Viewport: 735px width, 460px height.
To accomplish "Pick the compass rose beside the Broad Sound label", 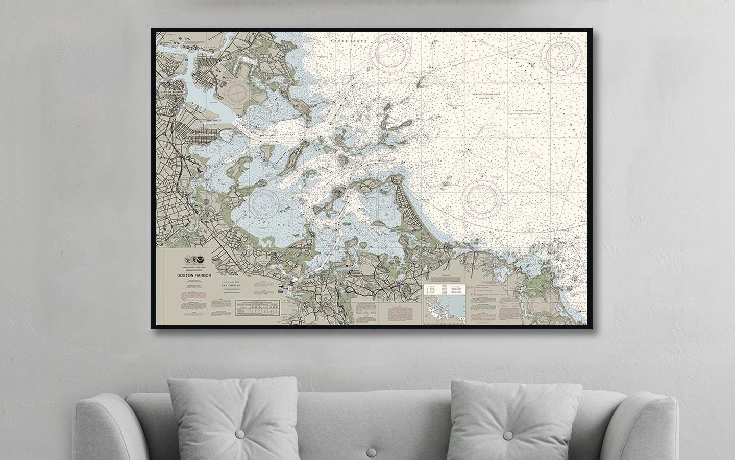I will (x=391, y=52).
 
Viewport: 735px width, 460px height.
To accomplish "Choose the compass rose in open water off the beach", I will (x=483, y=198).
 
